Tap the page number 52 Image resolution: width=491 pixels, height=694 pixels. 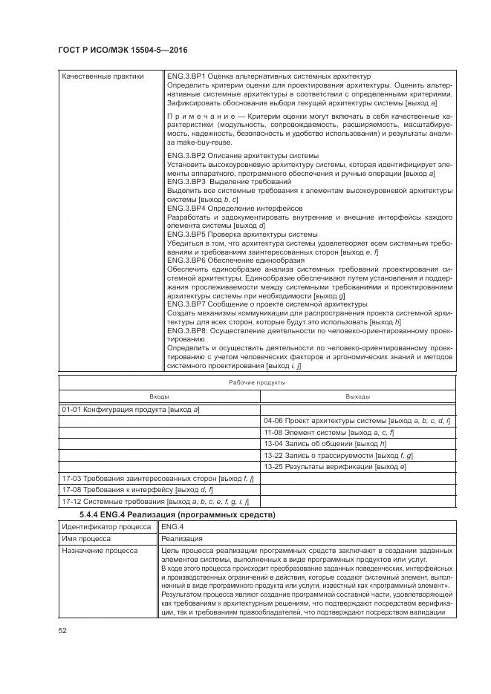[62, 630]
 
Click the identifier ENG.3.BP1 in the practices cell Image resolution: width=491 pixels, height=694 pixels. [185, 76]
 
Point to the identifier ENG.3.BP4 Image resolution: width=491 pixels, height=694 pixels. [185, 209]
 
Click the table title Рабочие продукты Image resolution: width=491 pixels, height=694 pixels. [256, 382]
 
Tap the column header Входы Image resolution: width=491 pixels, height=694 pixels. [159, 396]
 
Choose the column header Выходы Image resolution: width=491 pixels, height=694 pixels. [357, 396]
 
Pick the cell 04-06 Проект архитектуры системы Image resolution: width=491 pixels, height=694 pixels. [357, 421]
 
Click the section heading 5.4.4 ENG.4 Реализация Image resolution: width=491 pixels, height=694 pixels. [178, 514]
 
